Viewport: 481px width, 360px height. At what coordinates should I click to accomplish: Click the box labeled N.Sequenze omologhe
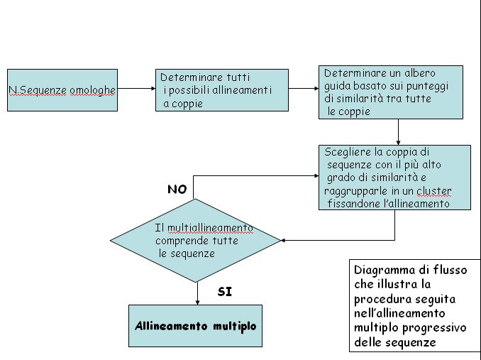(62, 90)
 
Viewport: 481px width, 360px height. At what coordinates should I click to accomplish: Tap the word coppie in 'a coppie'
(187, 104)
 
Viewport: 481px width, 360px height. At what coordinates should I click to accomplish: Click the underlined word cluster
(433, 191)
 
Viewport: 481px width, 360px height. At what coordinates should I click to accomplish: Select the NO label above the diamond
(177, 189)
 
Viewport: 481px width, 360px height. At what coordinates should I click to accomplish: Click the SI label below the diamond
(225, 292)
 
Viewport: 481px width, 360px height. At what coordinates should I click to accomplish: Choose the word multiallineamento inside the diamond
(210, 228)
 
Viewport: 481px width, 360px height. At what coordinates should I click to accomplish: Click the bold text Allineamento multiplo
(195, 326)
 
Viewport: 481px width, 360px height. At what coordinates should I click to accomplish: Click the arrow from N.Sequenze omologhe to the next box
(136, 88)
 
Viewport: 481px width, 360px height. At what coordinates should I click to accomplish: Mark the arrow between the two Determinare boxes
(304, 88)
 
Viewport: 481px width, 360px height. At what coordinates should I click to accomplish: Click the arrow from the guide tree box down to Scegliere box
(398, 132)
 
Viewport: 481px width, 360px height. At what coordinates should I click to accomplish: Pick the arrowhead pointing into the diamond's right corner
(283, 240)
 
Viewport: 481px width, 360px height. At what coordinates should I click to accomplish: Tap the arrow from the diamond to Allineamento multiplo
(197, 293)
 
